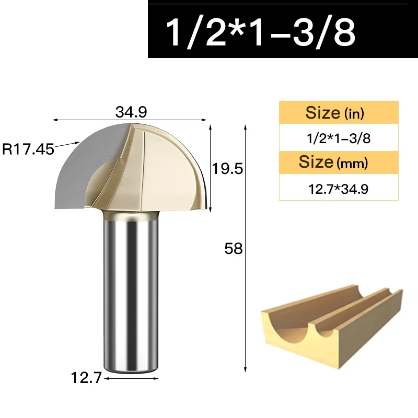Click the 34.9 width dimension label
131,112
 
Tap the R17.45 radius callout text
28,149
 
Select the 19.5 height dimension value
227,169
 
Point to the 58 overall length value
234,249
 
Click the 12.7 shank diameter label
86,378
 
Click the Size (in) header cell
339,112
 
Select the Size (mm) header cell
339,162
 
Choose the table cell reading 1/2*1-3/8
339,138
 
